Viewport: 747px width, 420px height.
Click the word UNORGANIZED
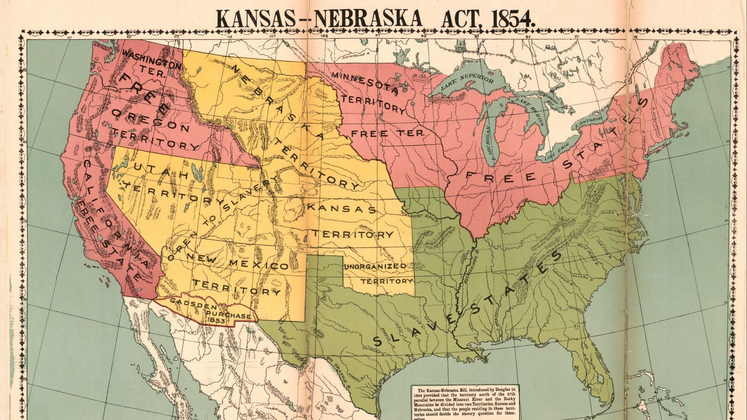coord(375,266)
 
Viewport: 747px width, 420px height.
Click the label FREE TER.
coord(387,133)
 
